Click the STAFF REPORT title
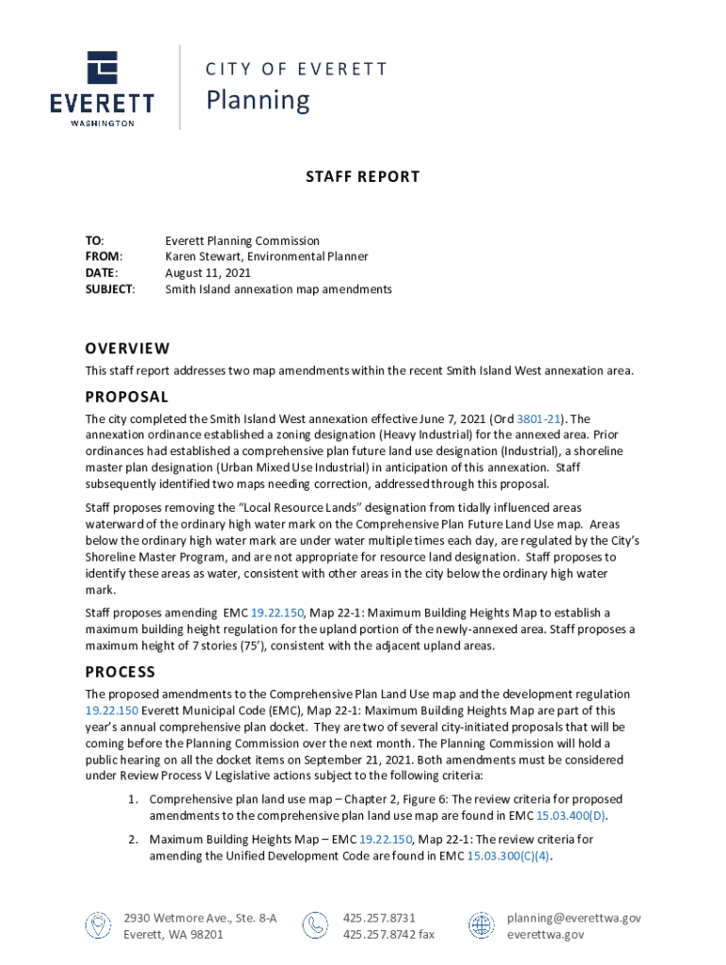[x=362, y=176]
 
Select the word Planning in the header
[x=257, y=100]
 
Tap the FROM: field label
[x=104, y=256]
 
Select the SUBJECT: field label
[x=109, y=289]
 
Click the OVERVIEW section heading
[x=127, y=348]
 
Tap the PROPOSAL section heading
[x=126, y=397]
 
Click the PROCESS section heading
[x=120, y=672]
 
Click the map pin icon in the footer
[x=97, y=925]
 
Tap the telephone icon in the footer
[x=315, y=925]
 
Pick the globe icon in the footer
[x=481, y=925]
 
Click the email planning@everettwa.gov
[x=573, y=918]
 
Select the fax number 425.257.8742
[x=378, y=935]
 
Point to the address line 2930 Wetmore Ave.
[x=200, y=918]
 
